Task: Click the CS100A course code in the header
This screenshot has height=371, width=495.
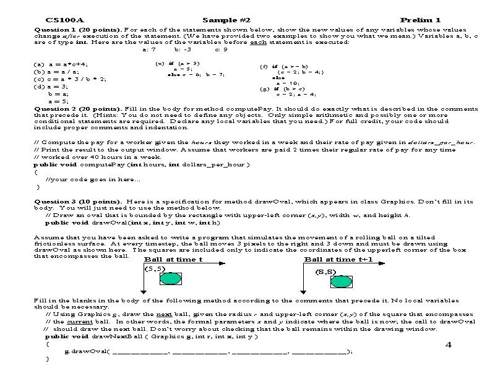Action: [x=61, y=20]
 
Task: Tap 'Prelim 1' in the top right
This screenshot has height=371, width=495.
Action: [x=420, y=20]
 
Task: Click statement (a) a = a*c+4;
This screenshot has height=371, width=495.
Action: [x=61, y=64]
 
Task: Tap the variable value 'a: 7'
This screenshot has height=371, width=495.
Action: [x=148, y=49]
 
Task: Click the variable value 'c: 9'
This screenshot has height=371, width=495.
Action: [x=221, y=49]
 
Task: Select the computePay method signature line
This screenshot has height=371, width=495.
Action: [x=142, y=164]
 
